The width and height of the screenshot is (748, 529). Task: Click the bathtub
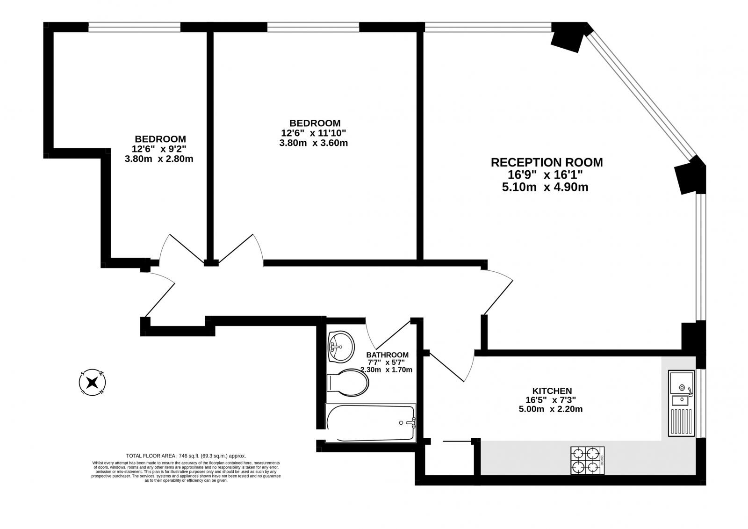[x=371, y=423]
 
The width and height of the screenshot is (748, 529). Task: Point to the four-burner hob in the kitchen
[x=587, y=460]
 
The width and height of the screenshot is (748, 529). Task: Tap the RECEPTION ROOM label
[x=547, y=162]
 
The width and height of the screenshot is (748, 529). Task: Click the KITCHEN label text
[x=552, y=391]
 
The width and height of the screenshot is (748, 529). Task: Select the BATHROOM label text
[x=387, y=355]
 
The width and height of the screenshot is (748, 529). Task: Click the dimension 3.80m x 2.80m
[x=159, y=159]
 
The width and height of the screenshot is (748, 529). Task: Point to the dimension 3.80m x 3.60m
[x=313, y=143]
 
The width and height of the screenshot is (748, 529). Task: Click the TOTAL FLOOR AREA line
[x=186, y=456]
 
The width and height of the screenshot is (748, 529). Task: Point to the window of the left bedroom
[x=134, y=28]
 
